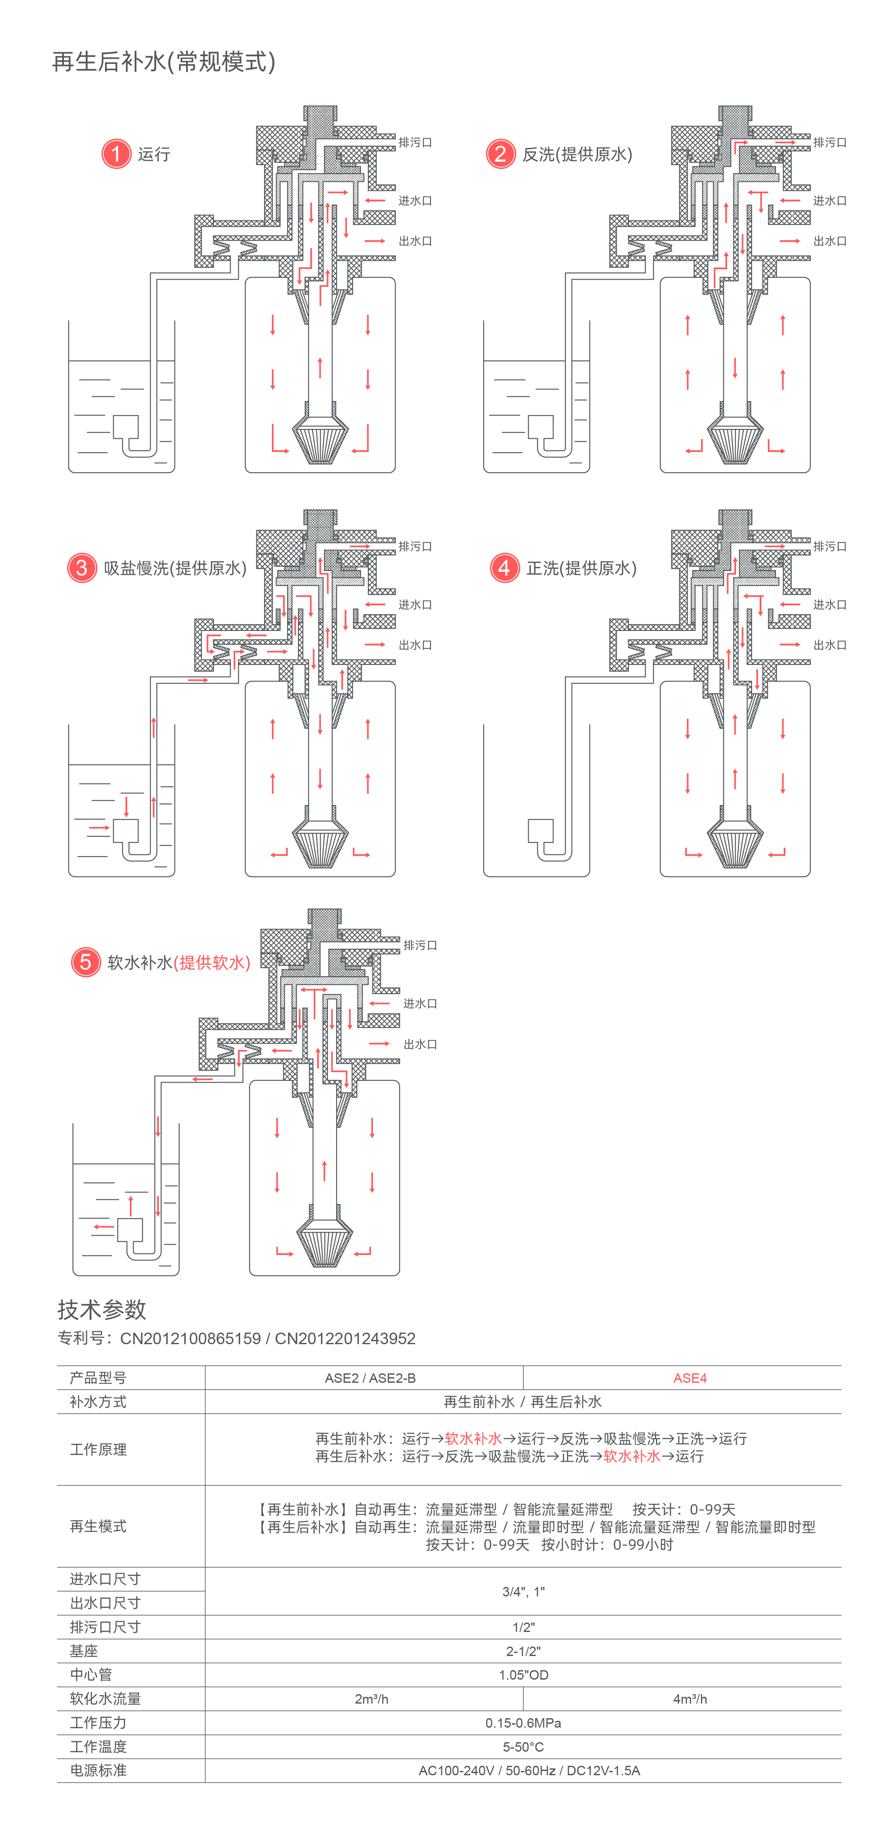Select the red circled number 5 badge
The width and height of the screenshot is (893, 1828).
point(86,962)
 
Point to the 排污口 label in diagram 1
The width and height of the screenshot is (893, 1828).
point(415,143)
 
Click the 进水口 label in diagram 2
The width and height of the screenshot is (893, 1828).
point(830,201)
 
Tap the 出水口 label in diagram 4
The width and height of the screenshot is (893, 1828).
point(830,645)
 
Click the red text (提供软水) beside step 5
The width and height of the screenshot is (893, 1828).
point(212,963)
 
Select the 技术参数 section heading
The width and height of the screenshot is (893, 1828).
point(102,1309)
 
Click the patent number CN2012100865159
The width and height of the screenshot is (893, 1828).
point(190,1338)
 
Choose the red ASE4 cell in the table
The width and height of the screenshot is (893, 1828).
point(689,1378)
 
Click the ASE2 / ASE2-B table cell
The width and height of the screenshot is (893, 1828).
point(370,1378)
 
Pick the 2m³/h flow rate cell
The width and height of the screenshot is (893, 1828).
point(371,1699)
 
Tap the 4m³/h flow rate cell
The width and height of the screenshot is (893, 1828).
point(689,1699)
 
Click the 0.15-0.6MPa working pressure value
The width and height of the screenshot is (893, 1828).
point(523,1723)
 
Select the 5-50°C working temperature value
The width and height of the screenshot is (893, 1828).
point(523,1747)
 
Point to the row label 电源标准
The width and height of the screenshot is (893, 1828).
point(99,1771)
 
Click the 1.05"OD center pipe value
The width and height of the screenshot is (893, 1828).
point(523,1675)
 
